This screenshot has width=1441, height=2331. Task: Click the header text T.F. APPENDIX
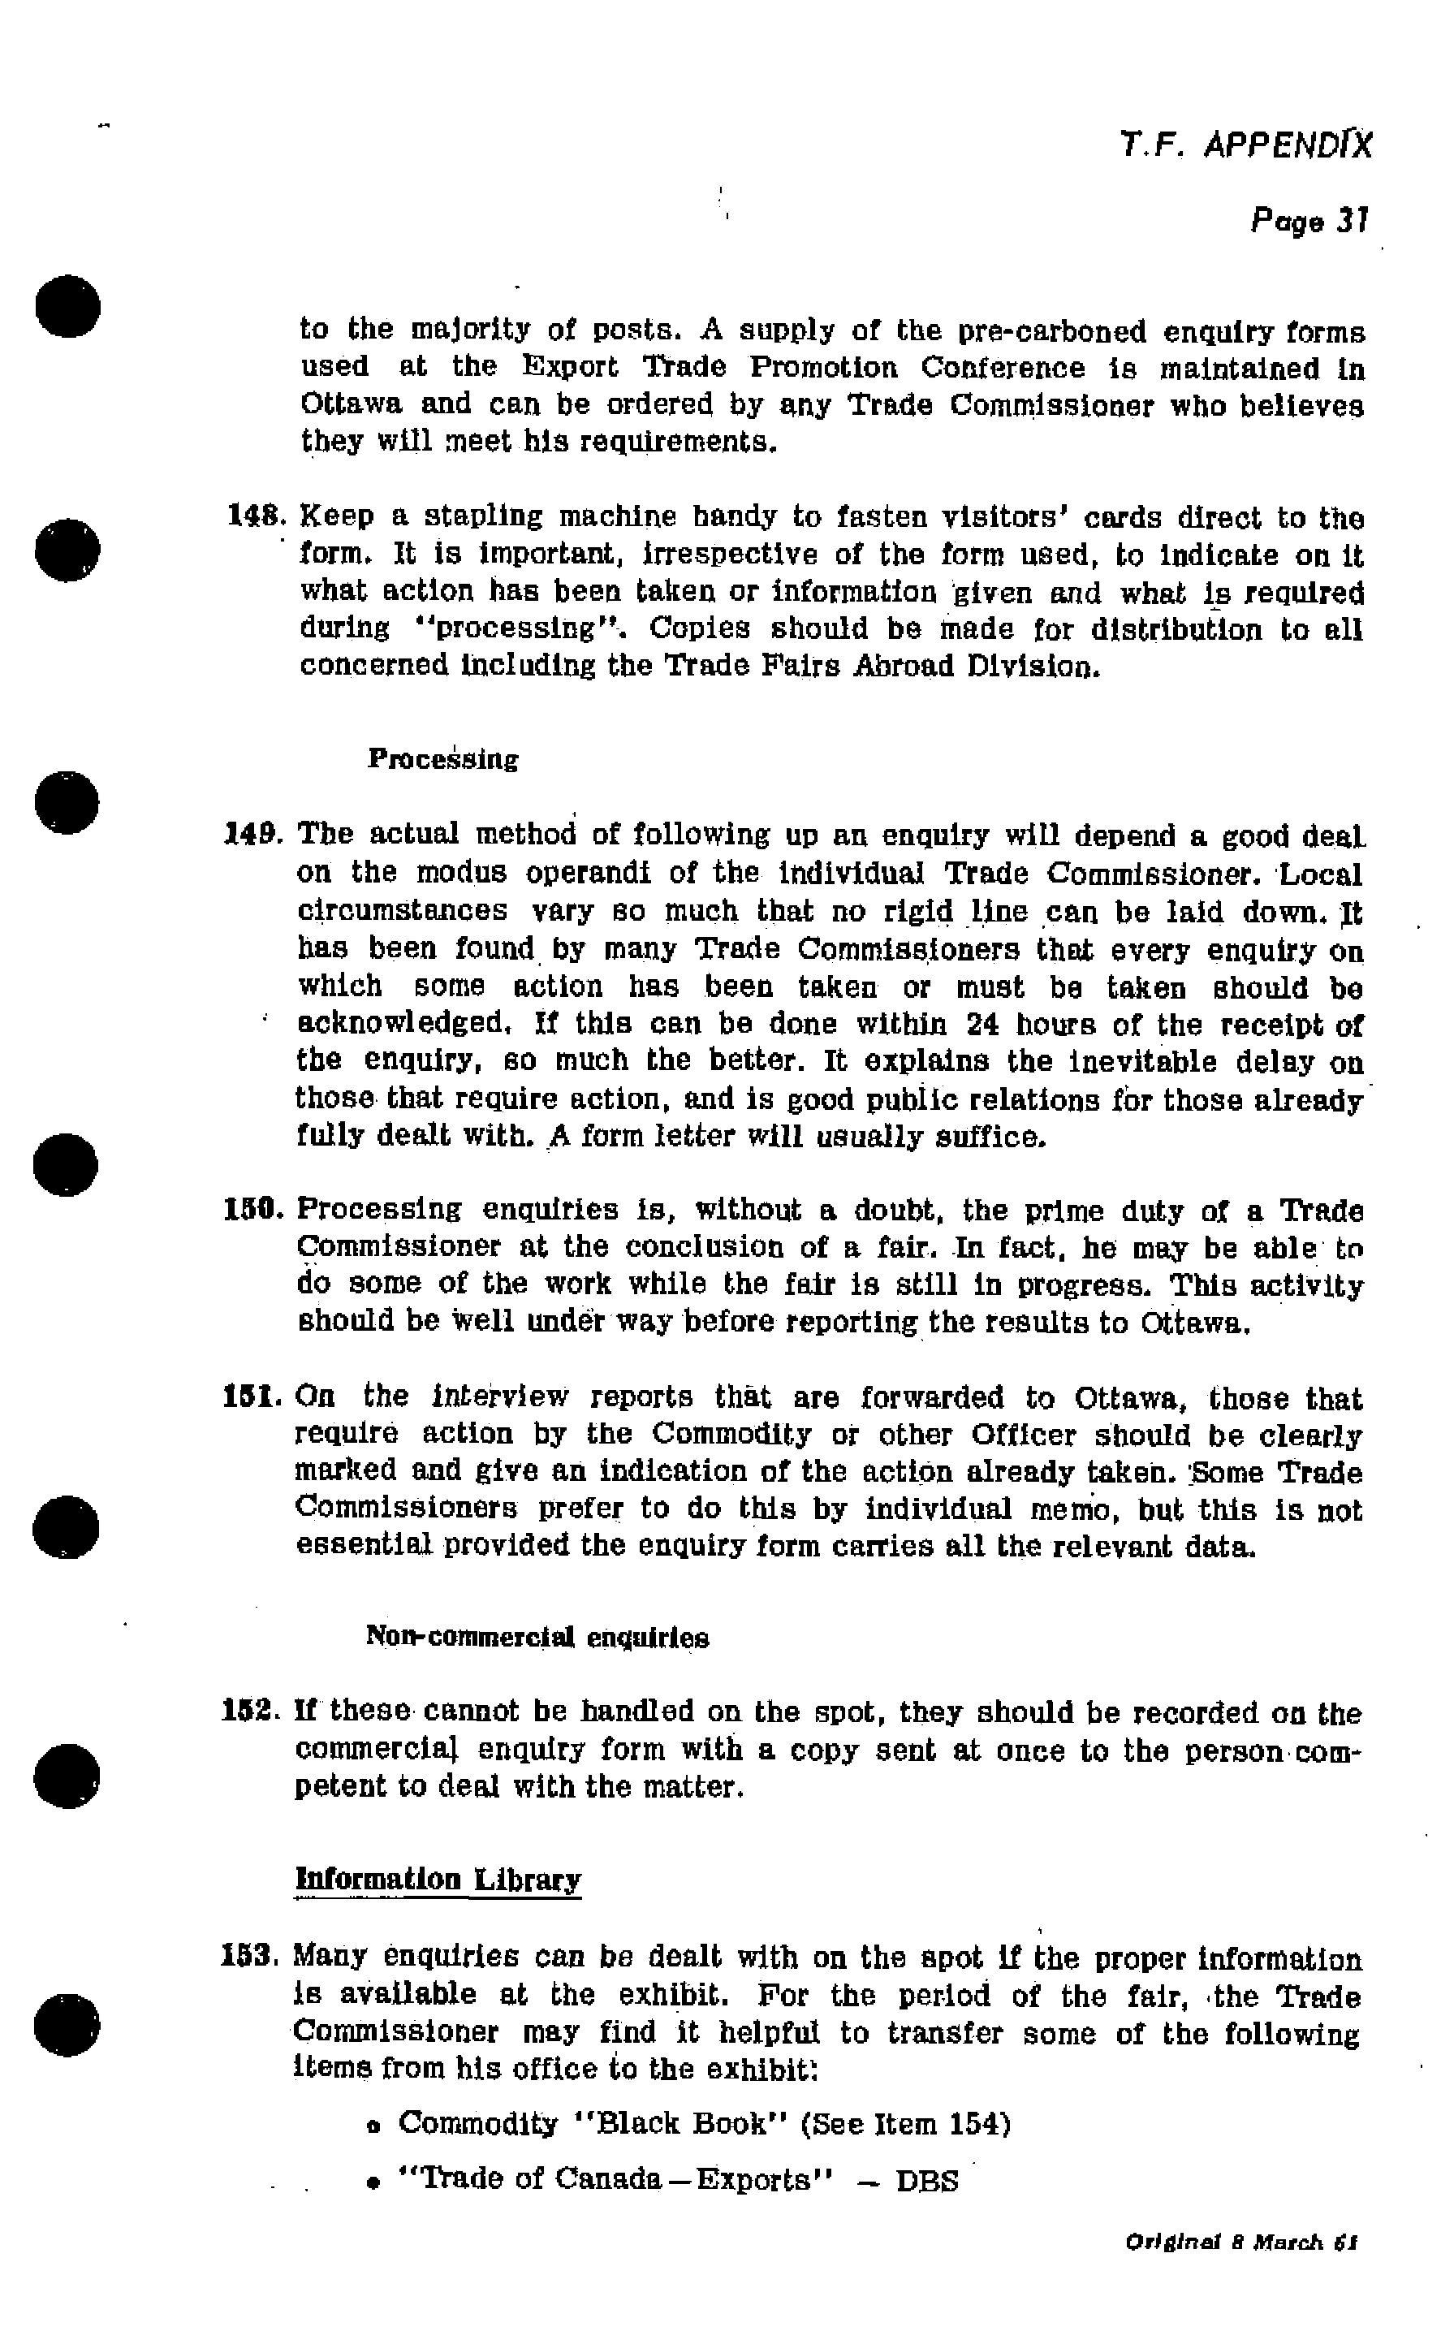click(1245, 145)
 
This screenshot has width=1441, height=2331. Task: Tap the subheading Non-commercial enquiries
click(537, 1638)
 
